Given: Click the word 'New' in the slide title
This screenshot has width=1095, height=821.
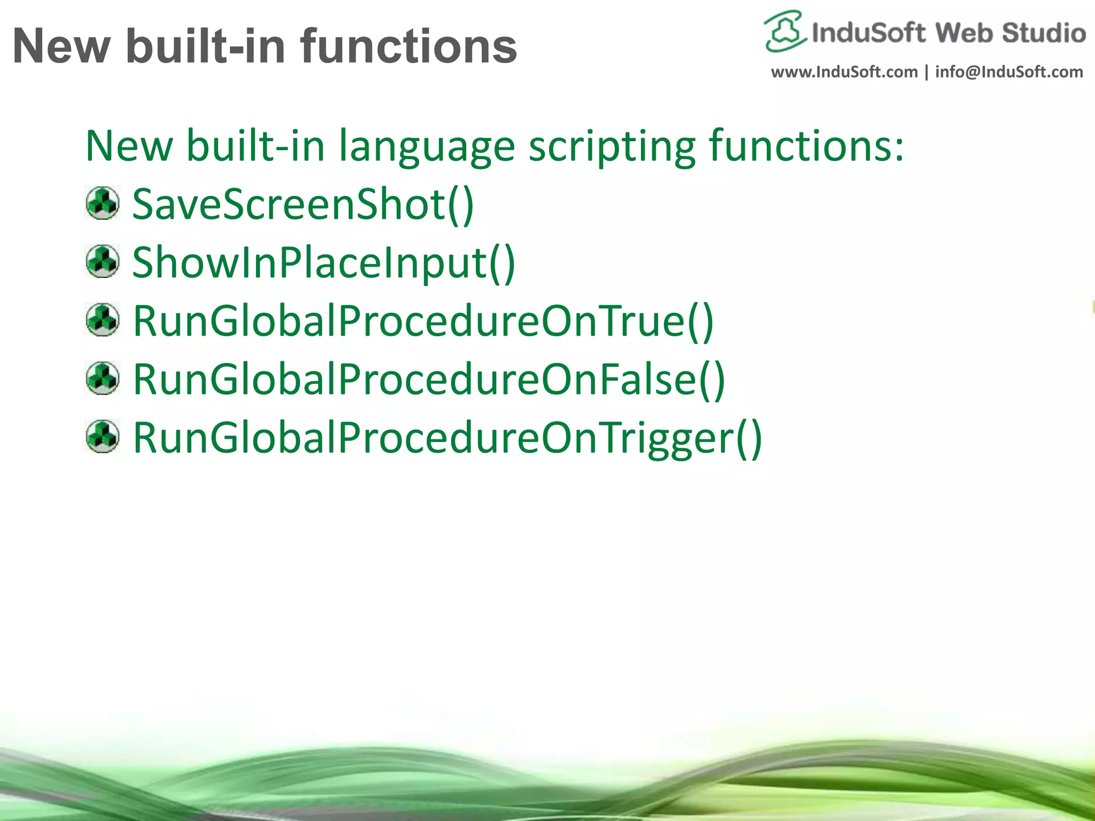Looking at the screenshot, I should point(61,47).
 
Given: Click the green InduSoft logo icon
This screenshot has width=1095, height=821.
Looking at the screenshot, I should point(784,31).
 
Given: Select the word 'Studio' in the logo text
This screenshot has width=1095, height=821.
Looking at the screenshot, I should point(1044,33).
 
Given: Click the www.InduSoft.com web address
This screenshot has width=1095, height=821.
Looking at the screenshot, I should point(844,72).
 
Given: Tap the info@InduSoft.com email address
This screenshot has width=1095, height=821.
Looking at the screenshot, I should point(1009,72).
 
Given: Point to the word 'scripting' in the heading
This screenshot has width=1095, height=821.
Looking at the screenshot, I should point(612,146).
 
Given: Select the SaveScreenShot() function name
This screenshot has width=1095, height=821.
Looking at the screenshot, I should point(303,205).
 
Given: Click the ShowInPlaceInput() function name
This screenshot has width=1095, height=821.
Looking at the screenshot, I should point(323,263).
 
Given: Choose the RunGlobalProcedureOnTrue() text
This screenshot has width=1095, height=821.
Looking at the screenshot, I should point(423,321).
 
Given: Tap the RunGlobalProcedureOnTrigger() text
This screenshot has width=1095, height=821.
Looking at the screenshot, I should point(447,438).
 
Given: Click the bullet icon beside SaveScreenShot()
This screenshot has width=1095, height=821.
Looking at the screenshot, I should point(103,203).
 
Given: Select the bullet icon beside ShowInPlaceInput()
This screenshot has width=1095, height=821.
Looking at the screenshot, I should point(103,261).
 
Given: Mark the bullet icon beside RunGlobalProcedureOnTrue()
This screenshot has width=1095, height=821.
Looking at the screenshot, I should point(103,320).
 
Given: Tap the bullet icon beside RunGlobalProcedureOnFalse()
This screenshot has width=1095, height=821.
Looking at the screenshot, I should point(103,378).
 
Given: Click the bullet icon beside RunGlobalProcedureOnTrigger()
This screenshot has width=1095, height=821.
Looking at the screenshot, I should point(103,437).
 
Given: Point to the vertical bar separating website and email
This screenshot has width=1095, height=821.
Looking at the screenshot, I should point(927,72).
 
